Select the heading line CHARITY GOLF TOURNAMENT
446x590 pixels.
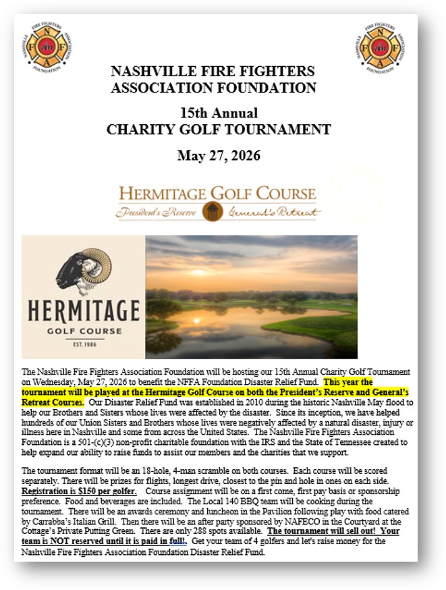[x=213, y=129]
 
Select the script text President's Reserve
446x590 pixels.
[x=158, y=212]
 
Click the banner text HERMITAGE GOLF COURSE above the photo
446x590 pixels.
[x=217, y=194]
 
